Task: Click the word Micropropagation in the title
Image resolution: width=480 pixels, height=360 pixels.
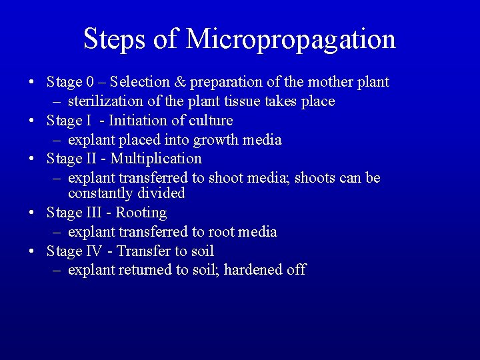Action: coord(291,39)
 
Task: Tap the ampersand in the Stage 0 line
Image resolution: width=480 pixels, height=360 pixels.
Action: coord(179,82)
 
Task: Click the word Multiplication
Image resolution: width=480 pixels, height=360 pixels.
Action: coord(156,159)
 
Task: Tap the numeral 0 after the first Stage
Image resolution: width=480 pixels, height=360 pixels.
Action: coord(89,82)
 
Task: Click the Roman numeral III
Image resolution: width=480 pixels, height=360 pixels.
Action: coord(94,213)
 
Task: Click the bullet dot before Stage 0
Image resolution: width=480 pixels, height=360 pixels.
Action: coord(32,83)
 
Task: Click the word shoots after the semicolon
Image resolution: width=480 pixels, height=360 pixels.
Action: coord(315,178)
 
